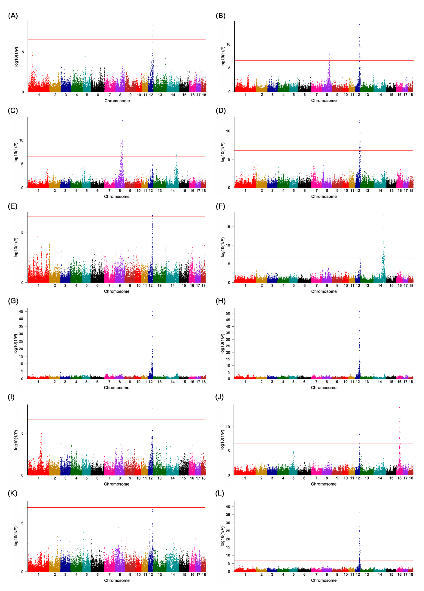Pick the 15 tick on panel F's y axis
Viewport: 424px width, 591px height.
(x=228, y=227)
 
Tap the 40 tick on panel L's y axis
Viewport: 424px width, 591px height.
(x=228, y=507)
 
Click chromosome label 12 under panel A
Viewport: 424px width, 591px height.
(x=151, y=95)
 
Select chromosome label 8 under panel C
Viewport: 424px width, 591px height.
(x=120, y=191)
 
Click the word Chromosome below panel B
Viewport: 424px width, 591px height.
(x=324, y=101)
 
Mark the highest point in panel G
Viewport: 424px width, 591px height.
(x=152, y=312)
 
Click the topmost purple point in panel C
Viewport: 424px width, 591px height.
(x=122, y=120)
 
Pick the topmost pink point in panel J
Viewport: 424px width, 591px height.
(x=400, y=408)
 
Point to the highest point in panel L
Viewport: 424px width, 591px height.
(x=360, y=504)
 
